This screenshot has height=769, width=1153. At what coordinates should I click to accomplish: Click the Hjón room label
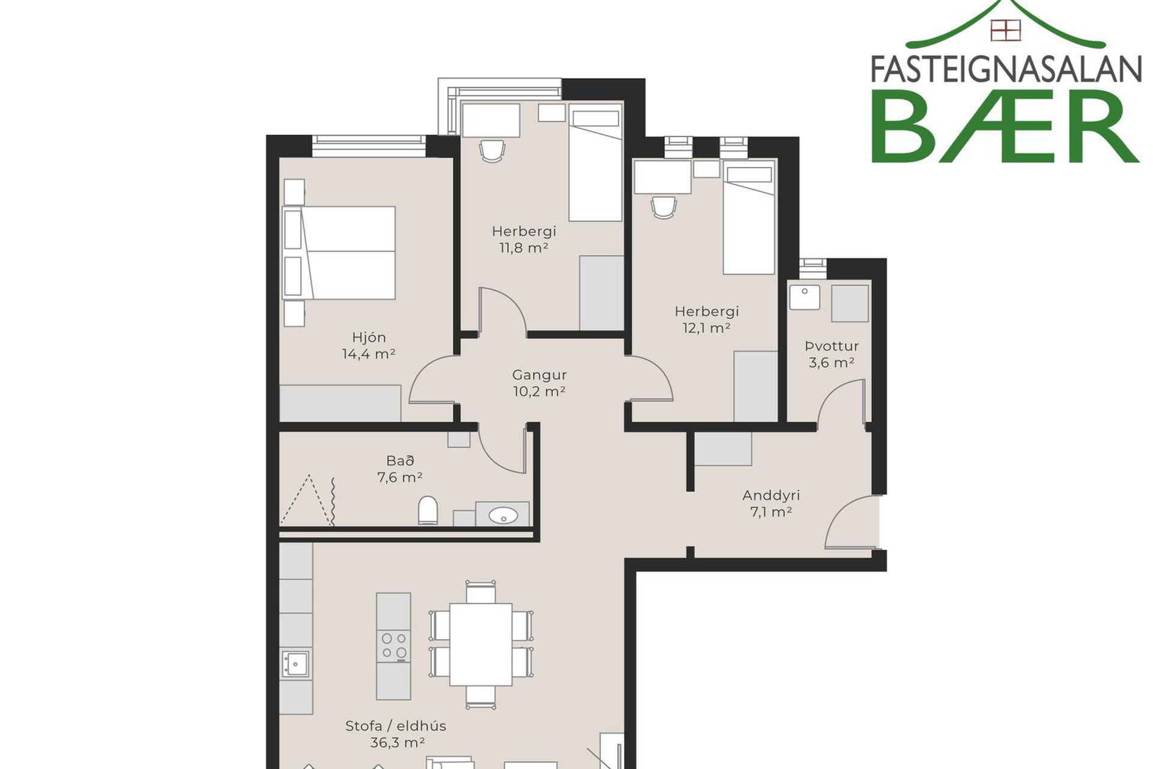(x=369, y=338)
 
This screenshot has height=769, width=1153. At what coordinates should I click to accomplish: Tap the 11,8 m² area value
(x=524, y=248)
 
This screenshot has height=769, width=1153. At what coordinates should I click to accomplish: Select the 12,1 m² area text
(x=706, y=328)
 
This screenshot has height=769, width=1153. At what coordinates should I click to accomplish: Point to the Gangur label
(x=539, y=375)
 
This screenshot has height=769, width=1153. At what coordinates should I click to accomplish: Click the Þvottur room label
(x=832, y=346)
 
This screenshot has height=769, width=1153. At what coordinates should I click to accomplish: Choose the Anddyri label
(x=771, y=496)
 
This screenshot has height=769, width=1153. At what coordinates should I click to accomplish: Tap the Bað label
(x=400, y=461)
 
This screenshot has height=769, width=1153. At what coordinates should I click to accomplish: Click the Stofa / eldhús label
(x=396, y=726)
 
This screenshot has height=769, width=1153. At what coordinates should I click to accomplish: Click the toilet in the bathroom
(x=428, y=511)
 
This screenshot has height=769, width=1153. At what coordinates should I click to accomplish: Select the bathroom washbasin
(x=503, y=515)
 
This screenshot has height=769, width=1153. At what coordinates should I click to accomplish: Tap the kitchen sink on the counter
(x=295, y=664)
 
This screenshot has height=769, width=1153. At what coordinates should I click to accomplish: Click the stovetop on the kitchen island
(x=394, y=645)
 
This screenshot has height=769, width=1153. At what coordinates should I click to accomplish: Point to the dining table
(x=480, y=645)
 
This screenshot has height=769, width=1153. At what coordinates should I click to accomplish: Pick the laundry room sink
(x=805, y=297)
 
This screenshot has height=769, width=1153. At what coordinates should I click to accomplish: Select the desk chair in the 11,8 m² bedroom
(x=492, y=151)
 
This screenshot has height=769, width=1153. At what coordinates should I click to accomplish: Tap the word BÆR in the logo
(x=1005, y=127)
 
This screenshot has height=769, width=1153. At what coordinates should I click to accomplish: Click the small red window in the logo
(x=1006, y=30)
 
